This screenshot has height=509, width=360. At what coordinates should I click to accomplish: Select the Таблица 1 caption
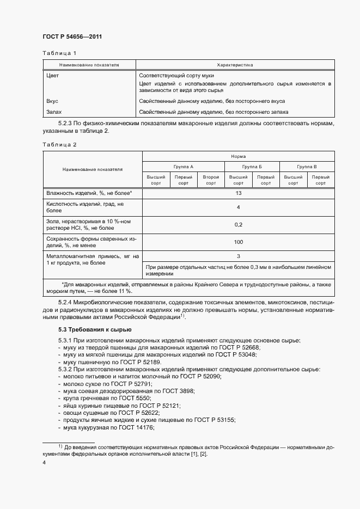59,53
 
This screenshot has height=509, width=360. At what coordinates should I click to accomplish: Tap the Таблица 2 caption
59,144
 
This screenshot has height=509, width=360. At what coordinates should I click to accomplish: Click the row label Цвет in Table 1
53,75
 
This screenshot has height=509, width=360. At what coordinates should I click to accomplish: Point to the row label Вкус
53,101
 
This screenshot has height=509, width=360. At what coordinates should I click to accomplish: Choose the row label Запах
54,112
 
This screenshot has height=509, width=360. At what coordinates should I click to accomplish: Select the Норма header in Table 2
238,156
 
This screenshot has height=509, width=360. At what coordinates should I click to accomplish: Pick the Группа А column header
184,166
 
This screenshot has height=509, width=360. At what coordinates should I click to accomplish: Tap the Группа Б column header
252,166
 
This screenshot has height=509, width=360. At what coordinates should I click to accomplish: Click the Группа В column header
307,166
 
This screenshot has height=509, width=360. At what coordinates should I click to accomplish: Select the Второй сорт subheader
211,180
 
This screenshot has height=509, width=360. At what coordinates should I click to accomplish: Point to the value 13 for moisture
238,193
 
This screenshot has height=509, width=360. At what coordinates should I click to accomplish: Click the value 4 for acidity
238,207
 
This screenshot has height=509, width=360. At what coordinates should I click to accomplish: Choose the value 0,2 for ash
238,224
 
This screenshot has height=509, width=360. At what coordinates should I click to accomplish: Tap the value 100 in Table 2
238,241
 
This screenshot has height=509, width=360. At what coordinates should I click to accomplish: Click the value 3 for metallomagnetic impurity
238,256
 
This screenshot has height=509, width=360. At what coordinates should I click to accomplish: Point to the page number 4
44,463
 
